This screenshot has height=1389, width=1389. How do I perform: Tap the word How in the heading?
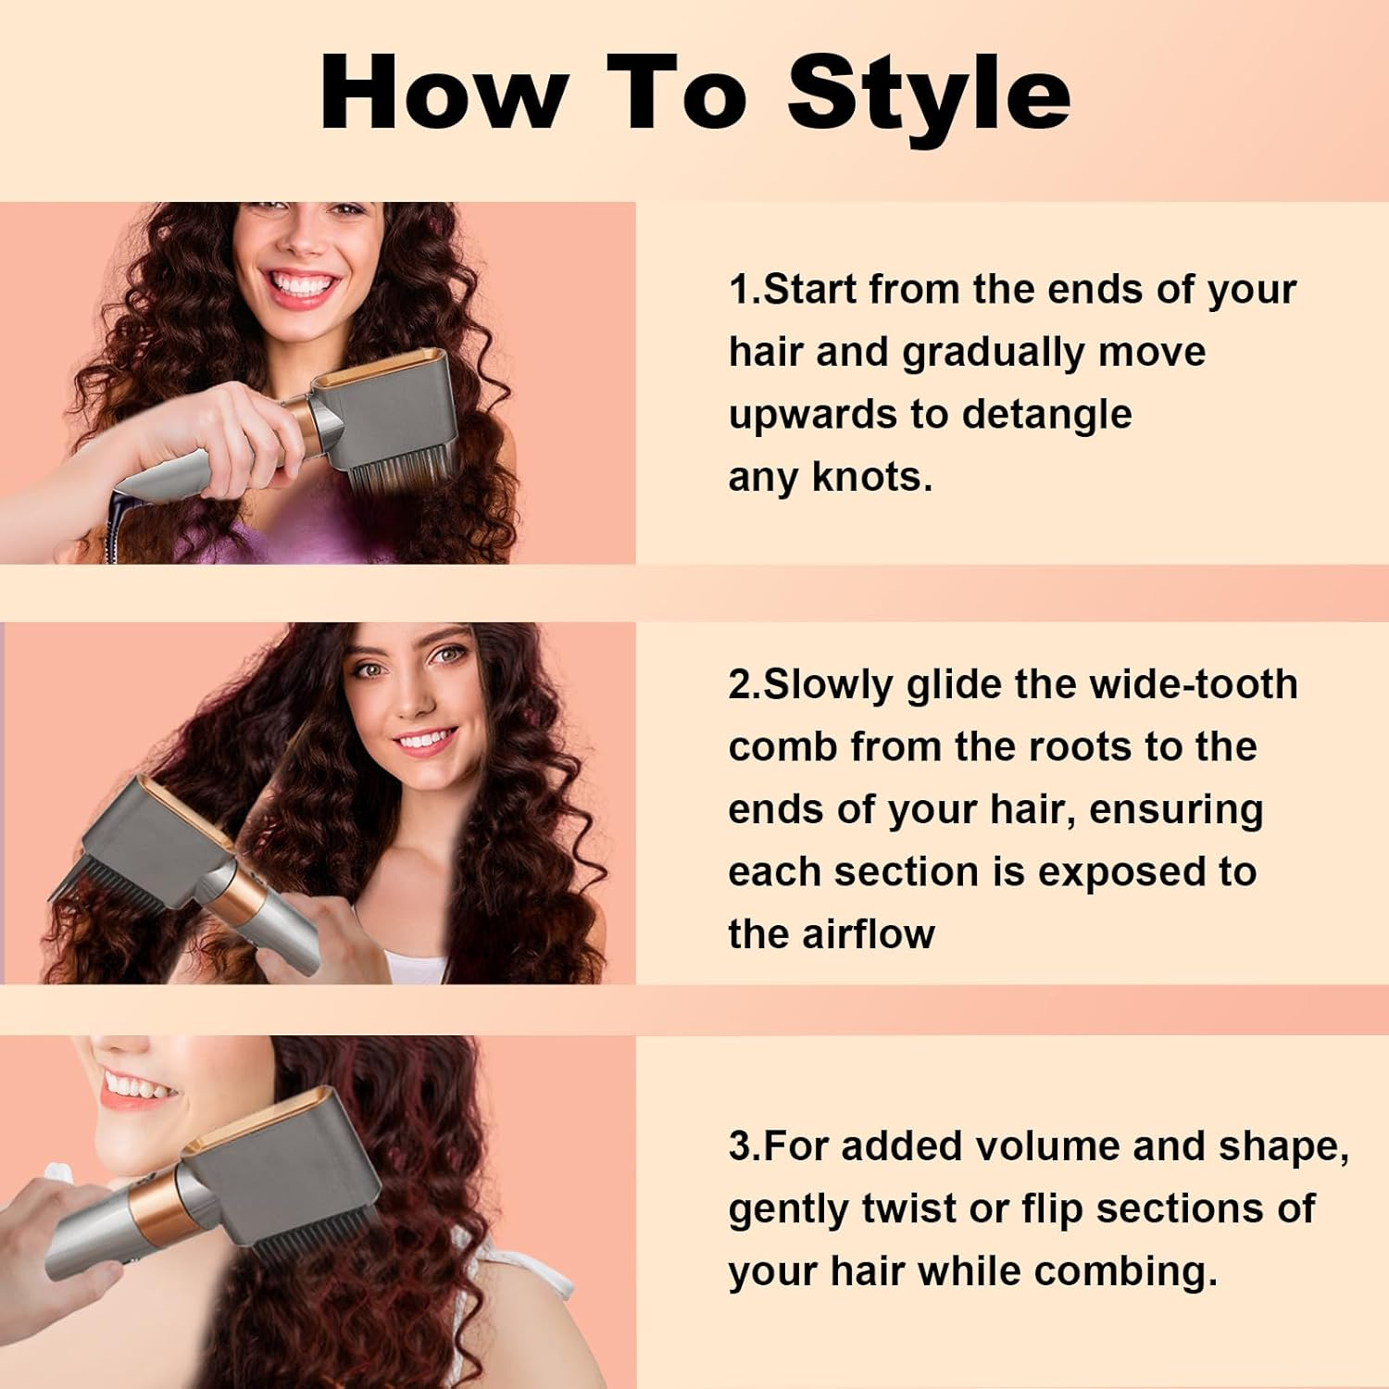tap(443, 93)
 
